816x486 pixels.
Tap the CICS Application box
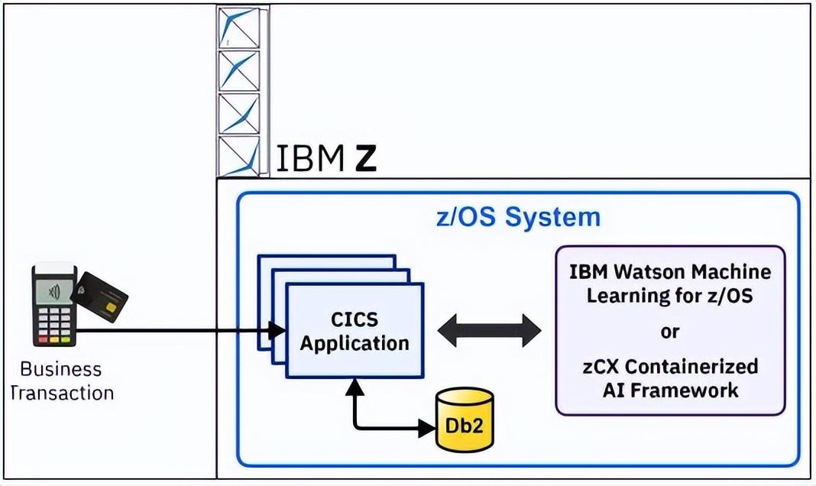point(354,329)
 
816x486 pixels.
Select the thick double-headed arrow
point(489,330)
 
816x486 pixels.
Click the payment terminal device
point(53,306)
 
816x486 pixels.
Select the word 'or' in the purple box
point(670,332)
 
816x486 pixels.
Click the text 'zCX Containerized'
point(670,366)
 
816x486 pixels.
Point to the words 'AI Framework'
point(670,390)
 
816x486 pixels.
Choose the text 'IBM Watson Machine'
point(670,271)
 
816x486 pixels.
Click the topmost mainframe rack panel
point(238,28)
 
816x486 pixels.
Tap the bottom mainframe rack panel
point(238,156)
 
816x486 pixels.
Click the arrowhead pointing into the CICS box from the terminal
point(277,330)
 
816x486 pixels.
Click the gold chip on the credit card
point(111,308)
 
